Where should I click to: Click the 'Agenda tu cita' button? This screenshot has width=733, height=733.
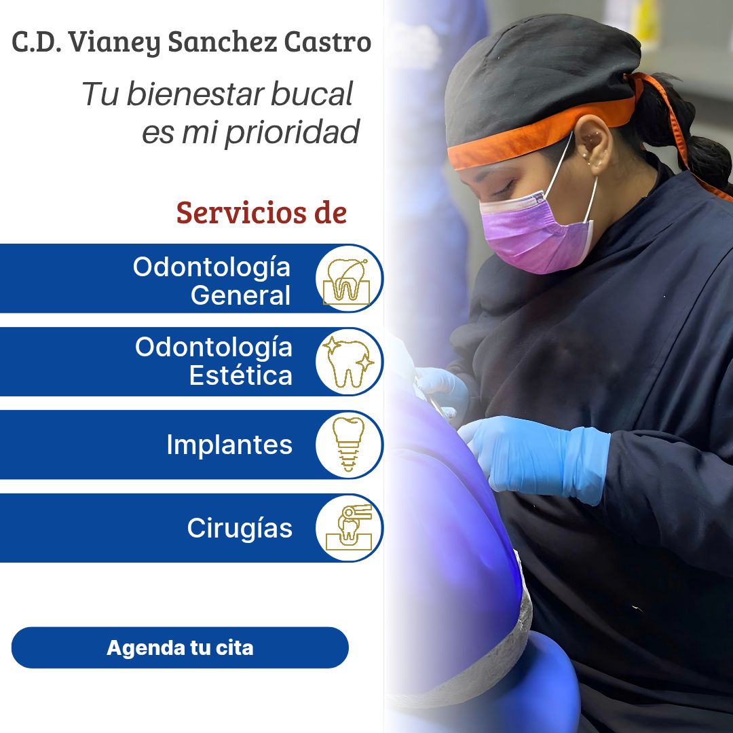click(x=180, y=647)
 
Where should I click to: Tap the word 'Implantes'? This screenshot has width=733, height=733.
click(x=229, y=445)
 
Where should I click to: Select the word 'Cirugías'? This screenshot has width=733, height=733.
click(x=240, y=528)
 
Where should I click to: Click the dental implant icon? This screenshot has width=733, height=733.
click(x=349, y=445)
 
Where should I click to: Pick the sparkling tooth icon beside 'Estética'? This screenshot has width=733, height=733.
click(x=349, y=362)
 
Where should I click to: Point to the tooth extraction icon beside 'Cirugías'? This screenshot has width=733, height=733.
click(x=349, y=528)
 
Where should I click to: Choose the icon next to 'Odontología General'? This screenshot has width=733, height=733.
click(x=349, y=278)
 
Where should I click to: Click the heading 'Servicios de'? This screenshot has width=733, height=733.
click(x=261, y=212)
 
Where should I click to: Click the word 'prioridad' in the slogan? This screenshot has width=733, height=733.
click(x=292, y=132)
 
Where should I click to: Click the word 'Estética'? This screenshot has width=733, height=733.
click(x=241, y=375)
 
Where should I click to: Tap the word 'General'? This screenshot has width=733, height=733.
click(x=241, y=295)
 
